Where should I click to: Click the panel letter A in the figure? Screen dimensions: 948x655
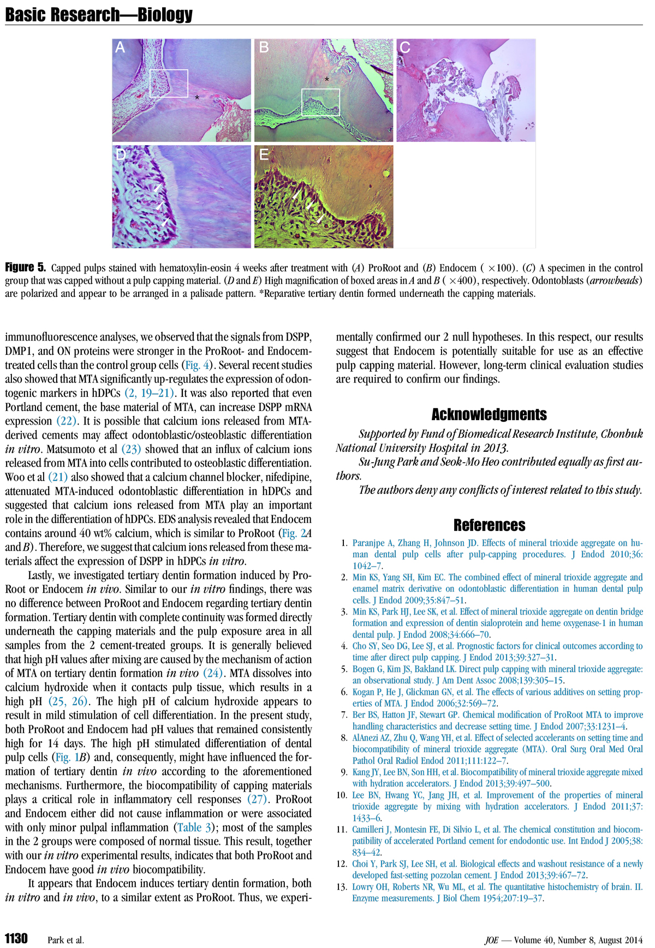coord(121,47)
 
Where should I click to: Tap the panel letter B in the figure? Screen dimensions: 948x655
coord(264,47)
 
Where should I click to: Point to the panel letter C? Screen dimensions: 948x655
coord(404,47)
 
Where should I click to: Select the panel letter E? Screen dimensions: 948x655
coord(264,154)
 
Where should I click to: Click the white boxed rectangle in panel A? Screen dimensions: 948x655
coord(169,84)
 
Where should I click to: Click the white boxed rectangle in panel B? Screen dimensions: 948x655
coord(320,102)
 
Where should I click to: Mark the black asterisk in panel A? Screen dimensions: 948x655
coord(197,98)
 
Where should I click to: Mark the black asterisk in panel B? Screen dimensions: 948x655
coord(326,80)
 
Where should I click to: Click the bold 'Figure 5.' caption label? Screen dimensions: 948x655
coord(26,267)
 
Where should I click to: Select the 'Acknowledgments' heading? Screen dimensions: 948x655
coord(489,415)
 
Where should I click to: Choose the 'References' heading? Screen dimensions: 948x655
coord(489,525)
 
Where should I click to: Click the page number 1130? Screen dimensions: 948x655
coord(16,938)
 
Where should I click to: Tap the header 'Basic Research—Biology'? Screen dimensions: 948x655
coord(99,15)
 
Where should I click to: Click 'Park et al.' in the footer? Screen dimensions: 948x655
coord(66,940)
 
